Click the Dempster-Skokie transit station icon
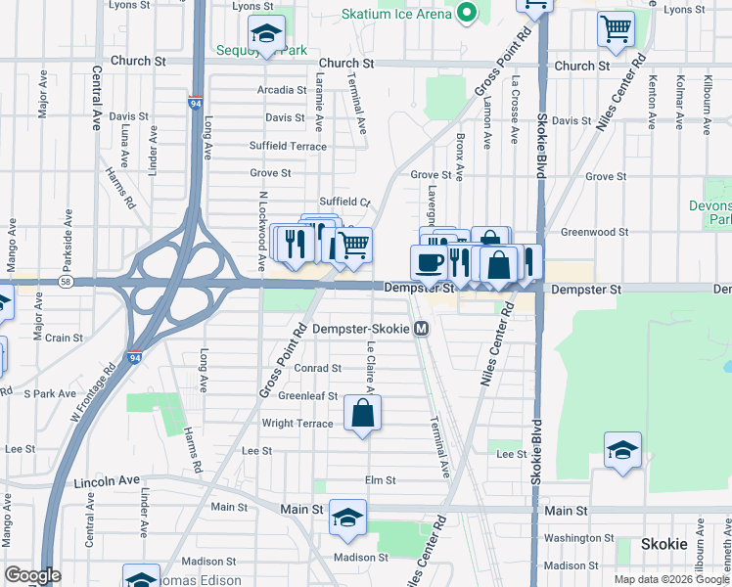coord(421,329)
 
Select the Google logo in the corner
coord(31,575)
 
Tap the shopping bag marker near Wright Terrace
coord(362,413)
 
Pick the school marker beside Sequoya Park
coord(265,34)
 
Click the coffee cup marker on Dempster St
coord(430,262)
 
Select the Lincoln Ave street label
coord(107,480)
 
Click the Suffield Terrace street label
coord(288,146)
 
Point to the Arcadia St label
coord(281,90)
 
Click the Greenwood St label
coord(594,232)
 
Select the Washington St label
coord(577,538)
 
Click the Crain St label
coord(63,338)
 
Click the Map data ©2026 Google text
coord(670,579)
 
